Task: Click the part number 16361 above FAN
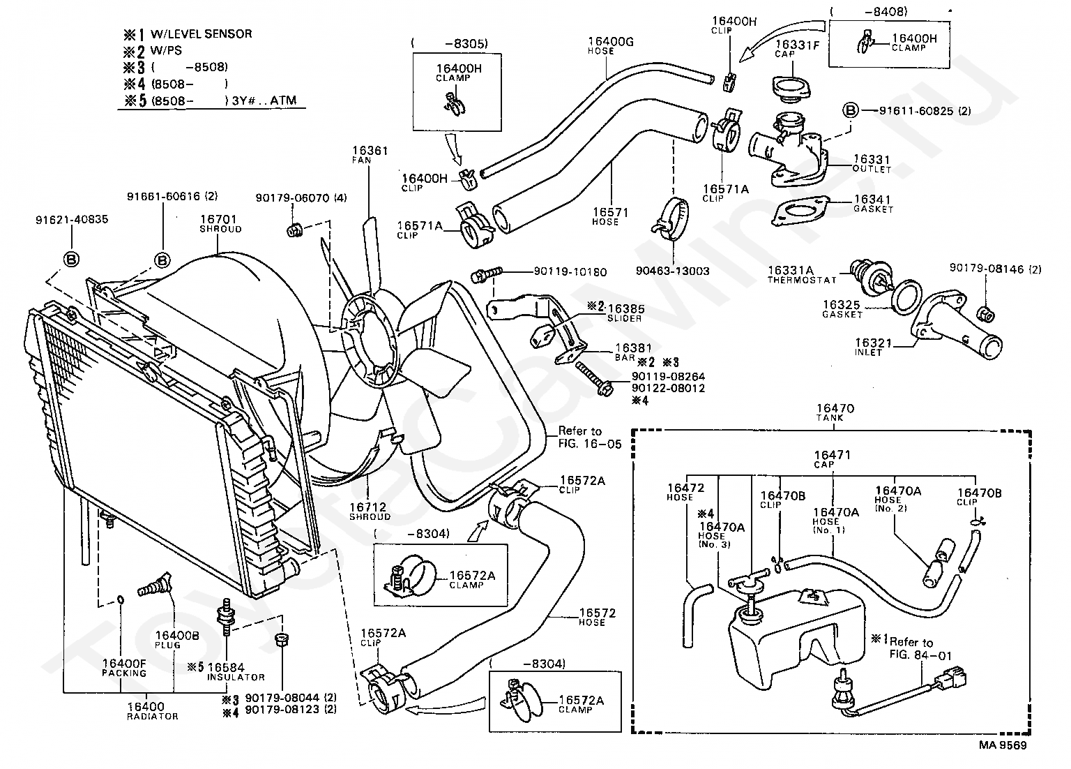coord(370,150)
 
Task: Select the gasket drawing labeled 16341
coord(800,211)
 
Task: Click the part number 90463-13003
coord(672,271)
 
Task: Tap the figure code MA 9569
coord(1003,745)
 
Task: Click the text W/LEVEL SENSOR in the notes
coord(202,34)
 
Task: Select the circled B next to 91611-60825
coord(851,110)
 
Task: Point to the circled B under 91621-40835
coord(71,260)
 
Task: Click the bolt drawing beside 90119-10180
coord(486,274)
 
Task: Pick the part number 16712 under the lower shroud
coord(367,507)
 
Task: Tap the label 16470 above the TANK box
coord(835,408)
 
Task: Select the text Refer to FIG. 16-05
coord(589,438)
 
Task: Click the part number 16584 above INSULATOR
coord(226,667)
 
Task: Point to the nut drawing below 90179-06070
coord(295,230)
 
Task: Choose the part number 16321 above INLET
coord(873,343)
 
